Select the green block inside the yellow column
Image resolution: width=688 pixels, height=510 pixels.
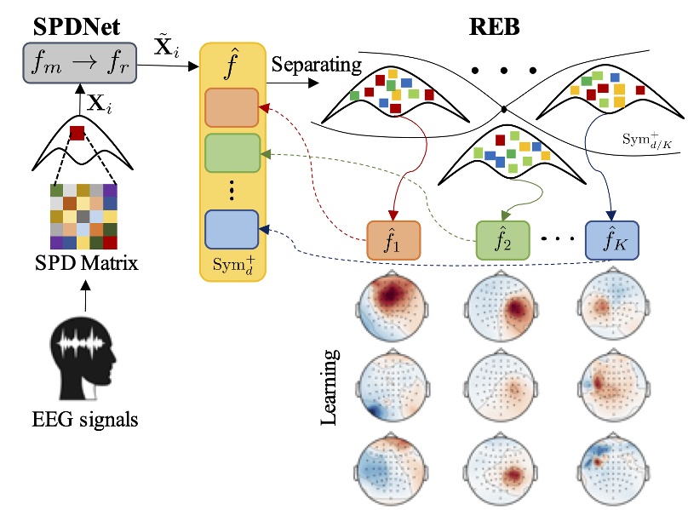coord(232,154)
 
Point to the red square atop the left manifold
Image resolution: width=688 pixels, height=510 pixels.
coord(77,133)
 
